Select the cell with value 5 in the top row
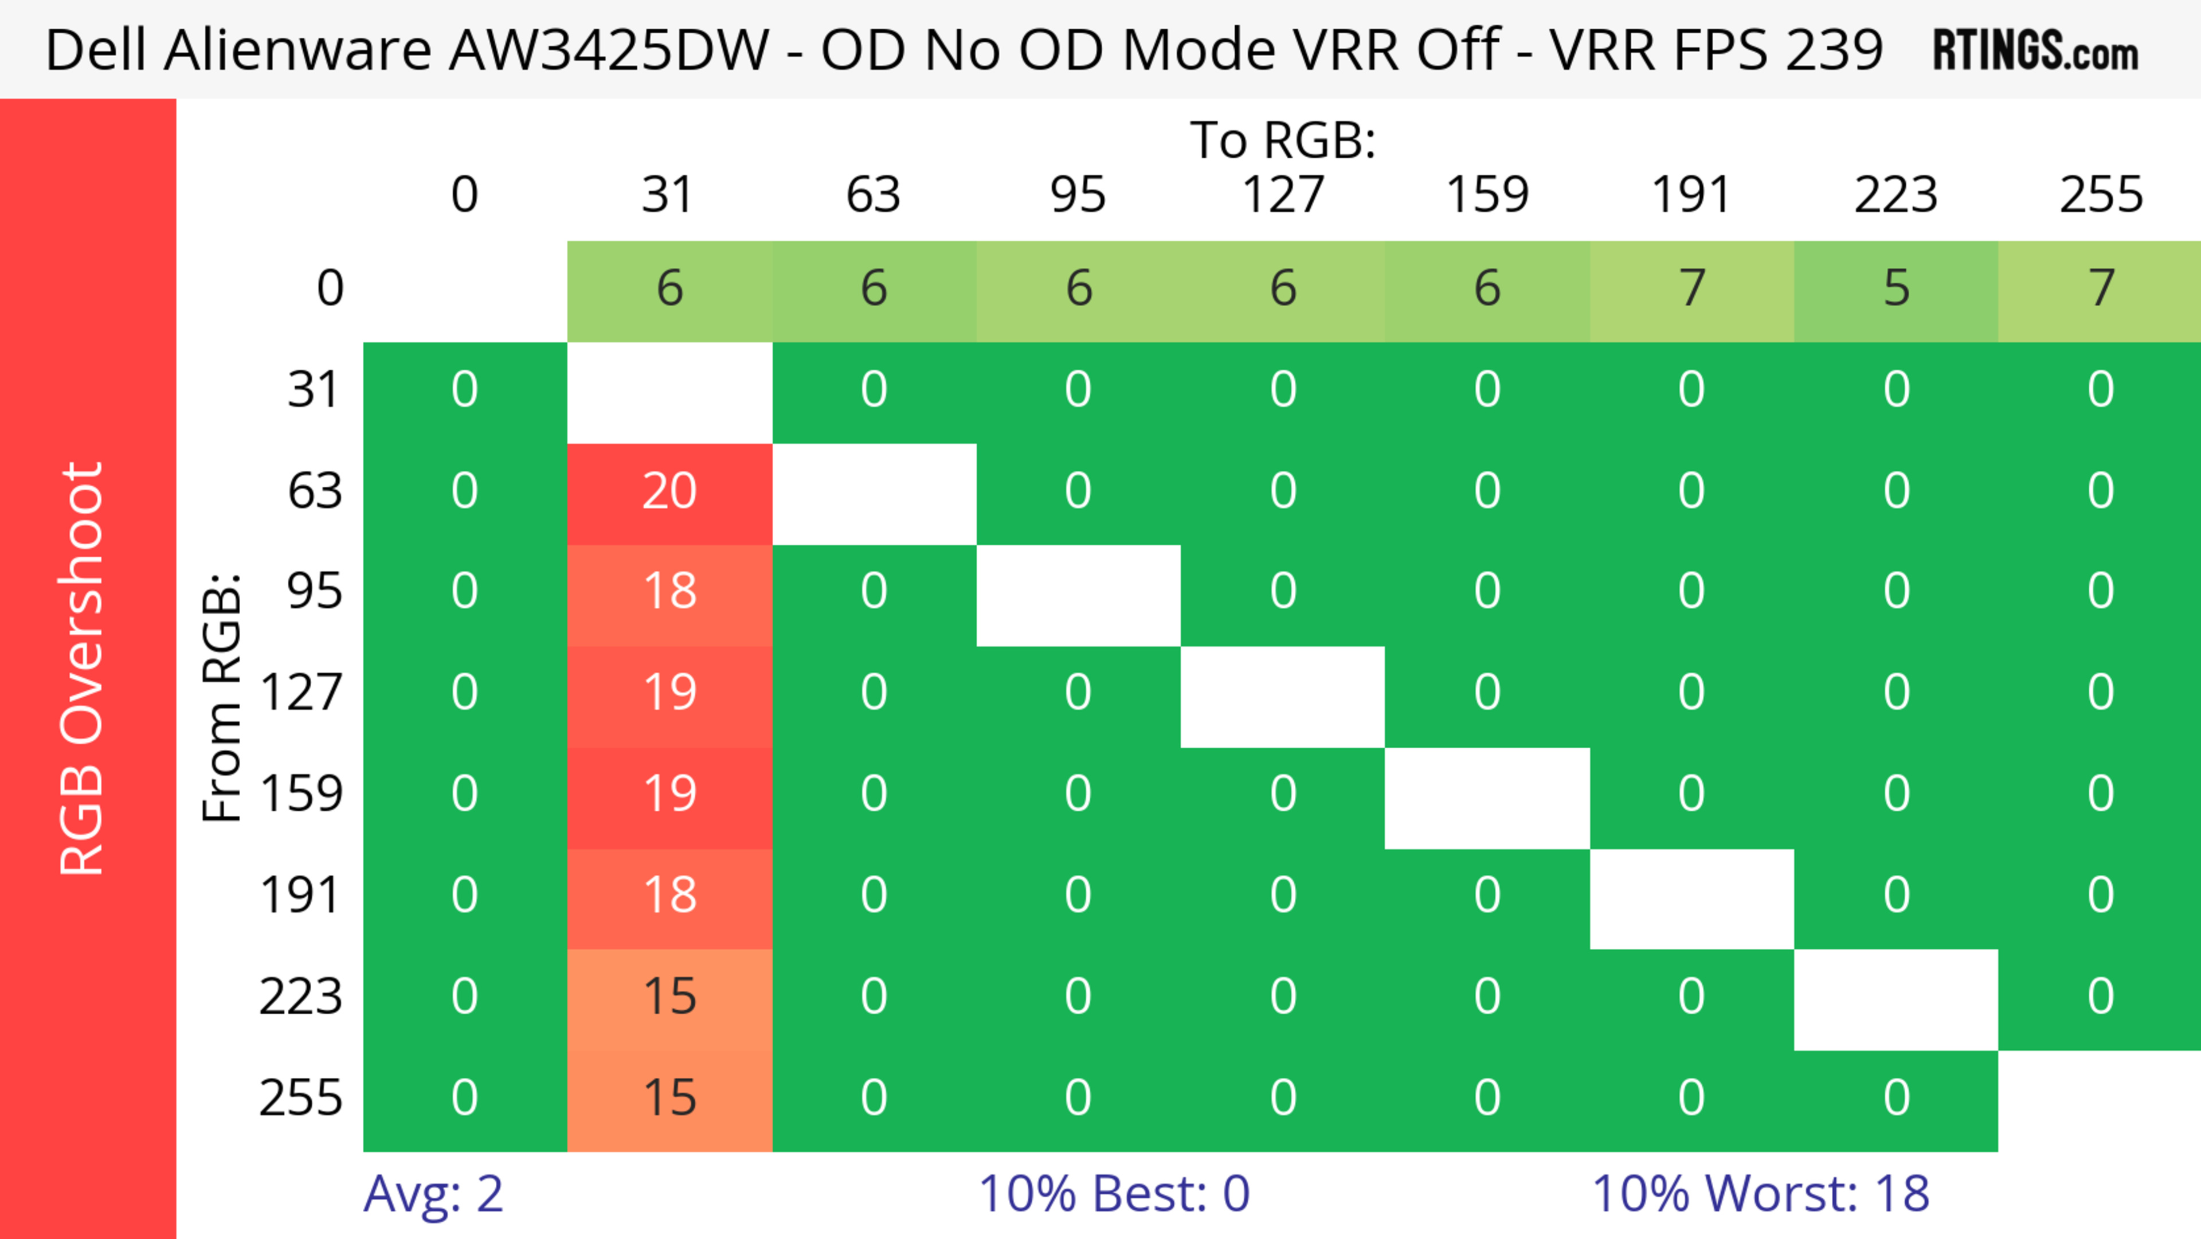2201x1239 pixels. pyautogui.click(x=1896, y=289)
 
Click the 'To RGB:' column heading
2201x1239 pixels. pyautogui.click(x=1283, y=140)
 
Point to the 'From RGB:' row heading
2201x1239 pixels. pyautogui.click(x=222, y=697)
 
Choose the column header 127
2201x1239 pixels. pyautogui.click(x=1283, y=195)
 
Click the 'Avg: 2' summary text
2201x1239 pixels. pyautogui.click(x=433, y=1194)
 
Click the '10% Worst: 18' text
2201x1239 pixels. pyautogui.click(x=1760, y=1194)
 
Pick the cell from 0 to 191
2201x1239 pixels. pyautogui.click(x=1692, y=289)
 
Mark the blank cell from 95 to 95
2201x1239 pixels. pyautogui.click(x=1078, y=596)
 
